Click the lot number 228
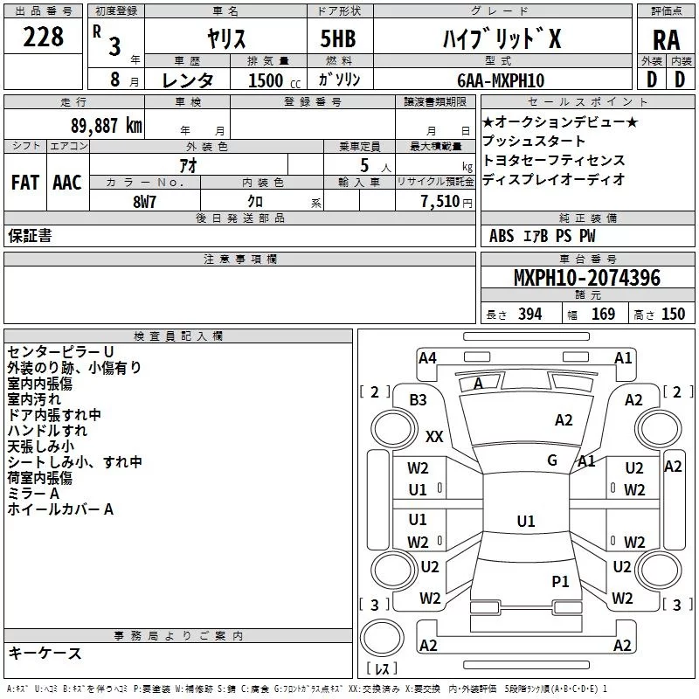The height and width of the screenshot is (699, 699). click(43, 37)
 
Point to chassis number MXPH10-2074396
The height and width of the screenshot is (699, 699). click(586, 278)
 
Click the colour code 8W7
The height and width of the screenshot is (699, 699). click(144, 201)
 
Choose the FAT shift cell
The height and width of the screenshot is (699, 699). click(24, 183)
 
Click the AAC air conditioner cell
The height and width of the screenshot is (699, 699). click(67, 183)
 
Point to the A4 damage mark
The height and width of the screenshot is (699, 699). click(427, 357)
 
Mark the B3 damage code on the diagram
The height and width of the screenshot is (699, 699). click(418, 399)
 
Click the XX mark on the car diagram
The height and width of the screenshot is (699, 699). click(434, 436)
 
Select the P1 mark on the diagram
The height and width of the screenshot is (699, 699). click(560, 580)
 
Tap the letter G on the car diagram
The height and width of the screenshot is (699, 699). click(552, 460)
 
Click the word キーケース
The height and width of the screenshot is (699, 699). click(45, 654)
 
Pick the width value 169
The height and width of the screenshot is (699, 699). click(603, 315)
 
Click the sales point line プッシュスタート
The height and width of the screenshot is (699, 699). click(534, 141)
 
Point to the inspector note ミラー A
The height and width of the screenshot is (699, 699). click(33, 494)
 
